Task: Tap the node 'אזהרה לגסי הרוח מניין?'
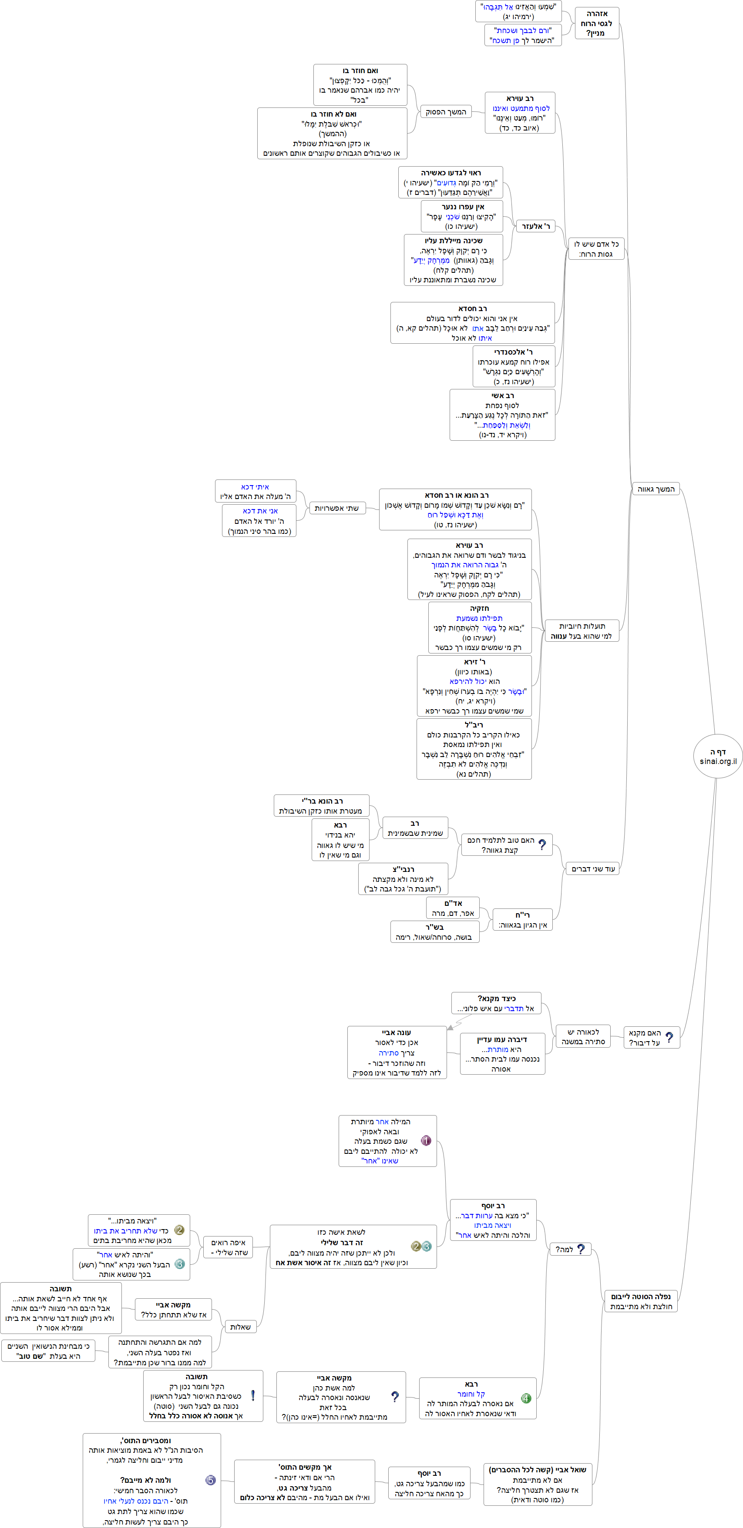pos(596,23)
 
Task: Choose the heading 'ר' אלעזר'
pos(535,226)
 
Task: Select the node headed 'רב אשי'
pos(502,415)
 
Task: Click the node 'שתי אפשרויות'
pos(336,508)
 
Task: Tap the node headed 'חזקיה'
pos(480,627)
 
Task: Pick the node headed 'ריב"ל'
pos(474,749)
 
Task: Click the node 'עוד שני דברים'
pos(592,869)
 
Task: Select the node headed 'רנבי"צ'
pos(403,878)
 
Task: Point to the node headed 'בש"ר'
pos(434,931)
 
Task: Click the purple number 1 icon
pos(426,1140)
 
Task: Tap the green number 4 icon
pos(525,1398)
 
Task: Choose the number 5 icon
pos(210,1480)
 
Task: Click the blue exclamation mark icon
pos(253,1396)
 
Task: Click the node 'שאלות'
pos(240,1327)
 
